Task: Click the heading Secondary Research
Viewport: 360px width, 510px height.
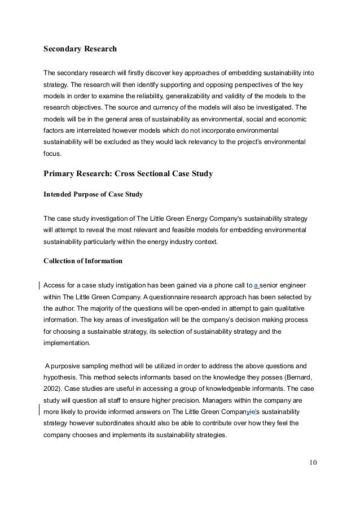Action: [x=80, y=49]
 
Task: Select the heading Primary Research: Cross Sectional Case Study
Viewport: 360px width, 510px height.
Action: [x=128, y=174]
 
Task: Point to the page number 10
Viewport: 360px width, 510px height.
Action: [x=313, y=464]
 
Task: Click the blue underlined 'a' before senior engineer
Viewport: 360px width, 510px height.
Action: [x=256, y=284]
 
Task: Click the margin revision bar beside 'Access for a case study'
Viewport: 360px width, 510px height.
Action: [x=38, y=284]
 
